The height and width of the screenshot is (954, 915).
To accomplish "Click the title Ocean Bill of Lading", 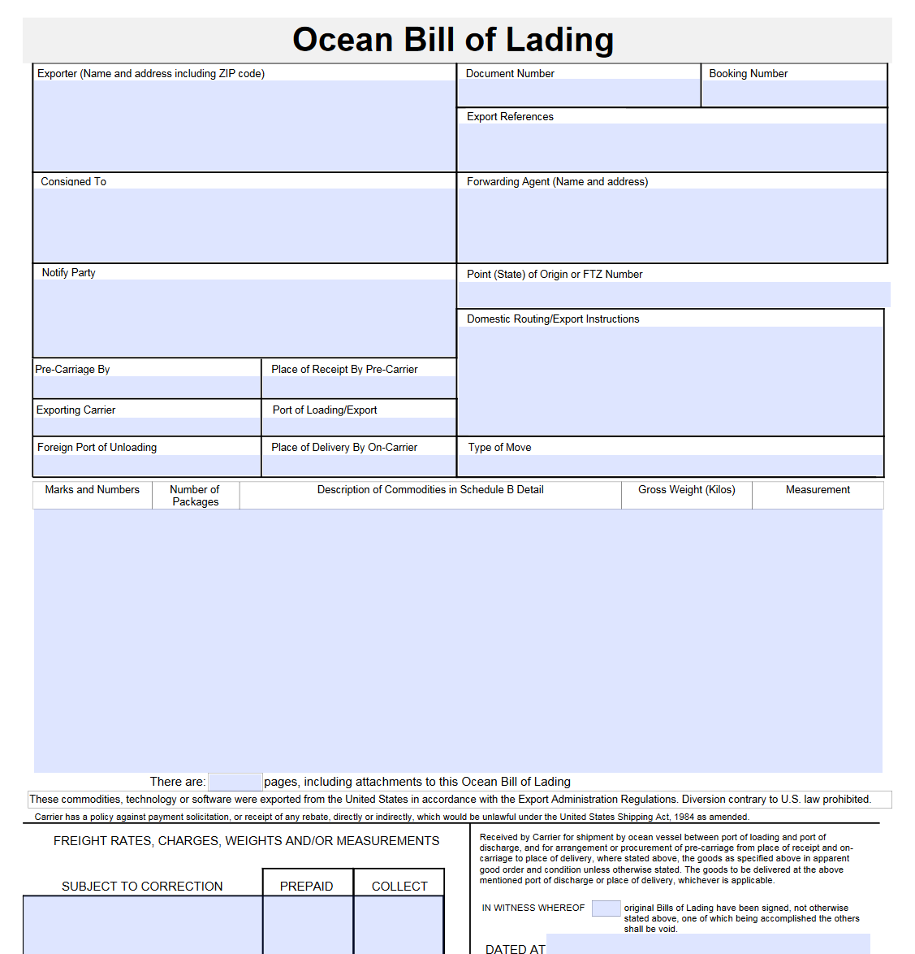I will pos(453,40).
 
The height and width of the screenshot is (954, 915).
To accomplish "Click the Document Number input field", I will pos(578,93).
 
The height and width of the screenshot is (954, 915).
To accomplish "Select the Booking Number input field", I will pos(793,93).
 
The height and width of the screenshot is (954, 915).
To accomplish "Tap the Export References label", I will pos(510,117).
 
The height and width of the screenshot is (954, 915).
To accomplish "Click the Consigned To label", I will pos(73,182).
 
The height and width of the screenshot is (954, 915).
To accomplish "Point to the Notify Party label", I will pos(68,273).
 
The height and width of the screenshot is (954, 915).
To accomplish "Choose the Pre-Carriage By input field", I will pos(147,387).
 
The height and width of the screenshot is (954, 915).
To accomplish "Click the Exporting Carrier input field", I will pos(147,427).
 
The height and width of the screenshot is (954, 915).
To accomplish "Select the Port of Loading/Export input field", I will pos(359,427).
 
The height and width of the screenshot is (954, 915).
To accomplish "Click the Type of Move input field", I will pos(670,466).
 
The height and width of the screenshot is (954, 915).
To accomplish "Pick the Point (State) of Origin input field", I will pos(673,294).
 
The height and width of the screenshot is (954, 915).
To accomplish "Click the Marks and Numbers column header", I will pos(92,490).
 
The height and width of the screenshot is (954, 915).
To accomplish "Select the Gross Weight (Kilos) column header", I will pos(686,490).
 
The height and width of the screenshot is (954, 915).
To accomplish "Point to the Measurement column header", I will pos(818,490).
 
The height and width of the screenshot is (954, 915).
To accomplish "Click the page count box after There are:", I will pos(235,782).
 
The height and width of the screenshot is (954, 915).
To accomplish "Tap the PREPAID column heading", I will pos(306,887).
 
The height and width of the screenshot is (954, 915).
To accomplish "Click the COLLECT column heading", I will pos(399,887).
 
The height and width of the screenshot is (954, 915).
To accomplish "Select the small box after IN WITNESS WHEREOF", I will pos(606,908).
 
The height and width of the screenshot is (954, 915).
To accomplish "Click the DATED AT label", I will pos(515,948).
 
